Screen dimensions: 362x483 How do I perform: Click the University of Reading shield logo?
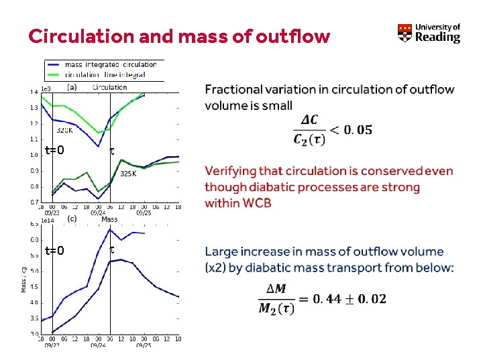[405, 34]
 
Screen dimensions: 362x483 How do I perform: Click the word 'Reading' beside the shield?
[437, 38]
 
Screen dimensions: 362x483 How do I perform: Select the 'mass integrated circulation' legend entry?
[110, 65]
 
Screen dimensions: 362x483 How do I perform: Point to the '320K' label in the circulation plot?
[64, 130]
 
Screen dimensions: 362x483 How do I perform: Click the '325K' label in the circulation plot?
[128, 174]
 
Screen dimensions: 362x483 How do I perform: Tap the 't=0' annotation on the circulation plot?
[54, 150]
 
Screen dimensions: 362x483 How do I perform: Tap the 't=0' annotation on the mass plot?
[54, 251]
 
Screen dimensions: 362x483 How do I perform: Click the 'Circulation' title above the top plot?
[109, 87]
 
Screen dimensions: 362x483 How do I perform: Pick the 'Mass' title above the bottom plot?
[109, 219]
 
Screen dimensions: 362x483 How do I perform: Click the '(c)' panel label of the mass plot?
[71, 219]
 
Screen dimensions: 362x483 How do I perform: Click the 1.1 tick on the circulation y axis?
[34, 139]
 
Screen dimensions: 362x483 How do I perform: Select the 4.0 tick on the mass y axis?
[34, 302]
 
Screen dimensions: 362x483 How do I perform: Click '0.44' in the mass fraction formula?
[329, 299]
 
